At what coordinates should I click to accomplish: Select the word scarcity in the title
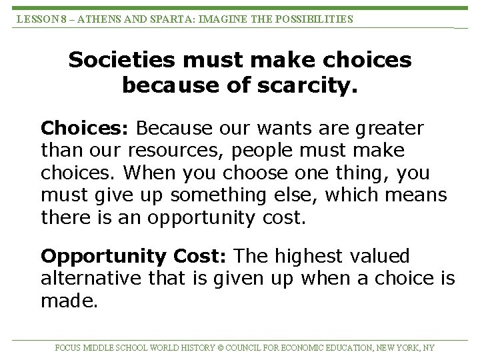(x=313, y=85)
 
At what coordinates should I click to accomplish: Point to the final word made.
(x=69, y=301)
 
